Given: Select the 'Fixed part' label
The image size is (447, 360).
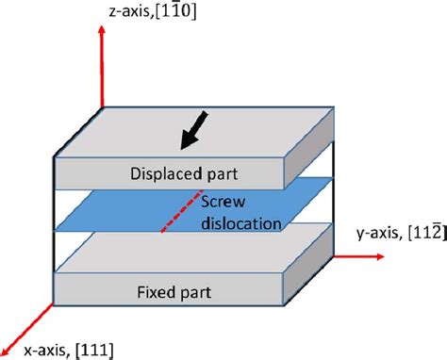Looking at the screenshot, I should (171, 286).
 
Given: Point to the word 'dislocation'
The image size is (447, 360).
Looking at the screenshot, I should (241, 225).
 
